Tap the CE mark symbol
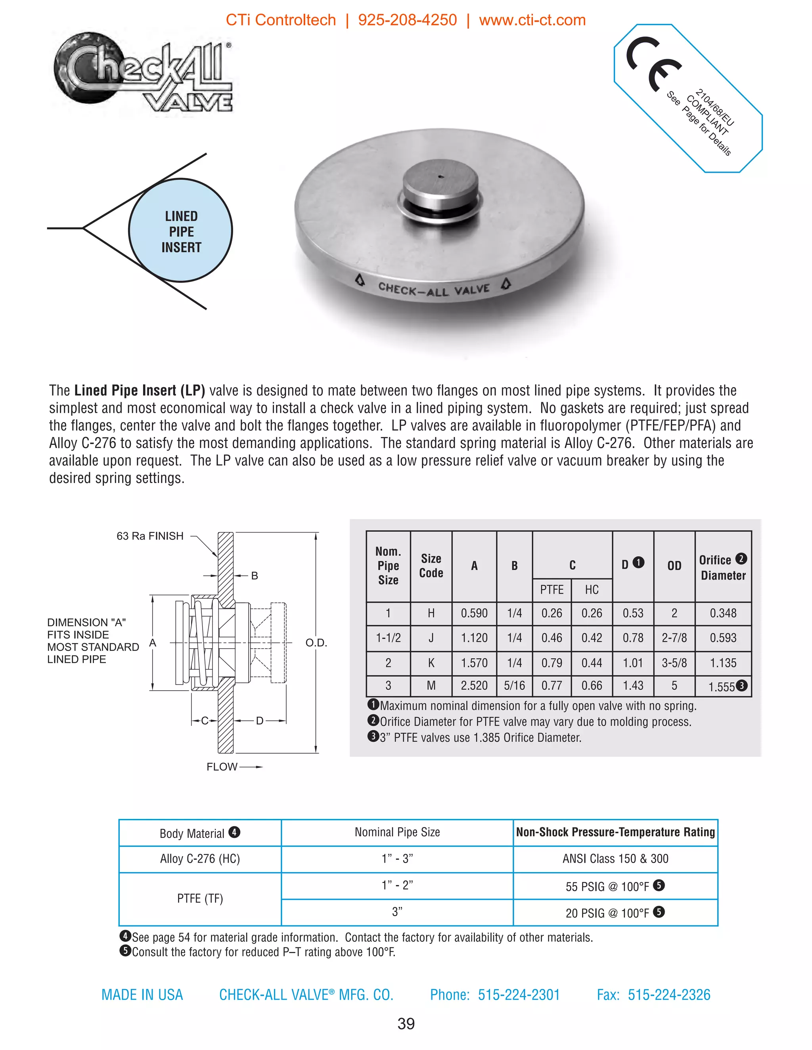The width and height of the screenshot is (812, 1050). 653,63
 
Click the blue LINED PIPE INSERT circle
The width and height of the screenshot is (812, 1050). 181,231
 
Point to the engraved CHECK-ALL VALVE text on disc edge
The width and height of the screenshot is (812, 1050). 433,289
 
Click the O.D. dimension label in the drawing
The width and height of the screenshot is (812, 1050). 316,643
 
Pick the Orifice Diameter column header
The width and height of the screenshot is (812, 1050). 722,567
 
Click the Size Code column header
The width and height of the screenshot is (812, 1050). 431,566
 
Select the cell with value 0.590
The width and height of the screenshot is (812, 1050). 474,613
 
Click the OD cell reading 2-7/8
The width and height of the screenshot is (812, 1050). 674,638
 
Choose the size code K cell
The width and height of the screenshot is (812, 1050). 431,663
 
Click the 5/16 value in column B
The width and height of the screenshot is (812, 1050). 514,686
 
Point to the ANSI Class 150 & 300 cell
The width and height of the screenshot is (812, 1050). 615,859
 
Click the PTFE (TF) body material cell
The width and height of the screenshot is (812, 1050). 200,899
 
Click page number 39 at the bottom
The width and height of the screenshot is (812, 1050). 406,1023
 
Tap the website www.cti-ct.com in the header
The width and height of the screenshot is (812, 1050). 532,20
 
